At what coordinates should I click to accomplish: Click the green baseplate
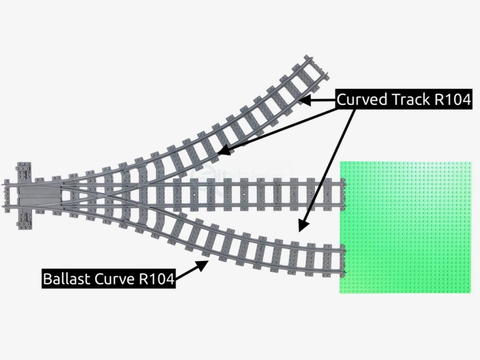(406, 227)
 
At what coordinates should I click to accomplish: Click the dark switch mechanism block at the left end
(39, 196)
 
